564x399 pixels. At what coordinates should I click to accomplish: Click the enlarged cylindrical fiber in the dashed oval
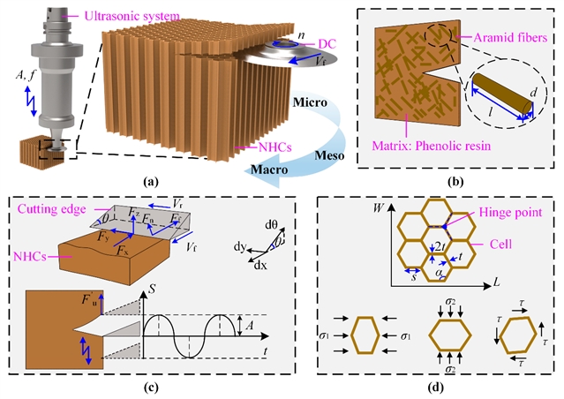(x=499, y=95)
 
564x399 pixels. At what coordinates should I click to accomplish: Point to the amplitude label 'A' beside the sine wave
(x=250, y=327)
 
